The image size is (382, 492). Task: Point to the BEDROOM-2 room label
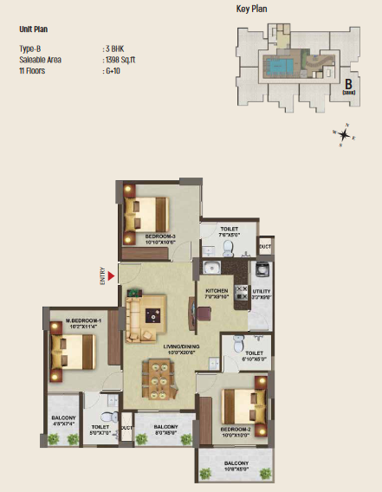tap(236, 431)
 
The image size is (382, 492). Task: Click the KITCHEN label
tap(217, 293)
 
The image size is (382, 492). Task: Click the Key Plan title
tap(254, 10)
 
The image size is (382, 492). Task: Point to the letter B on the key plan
tap(347, 84)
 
